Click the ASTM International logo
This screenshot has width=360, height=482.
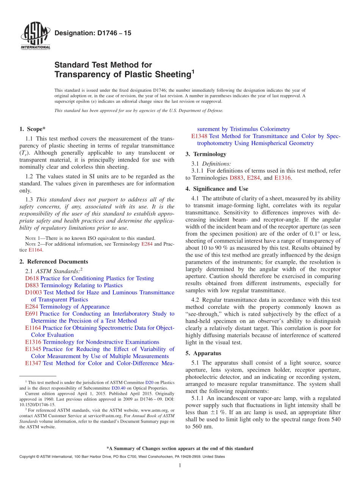35,36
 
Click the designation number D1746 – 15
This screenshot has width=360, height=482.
93,33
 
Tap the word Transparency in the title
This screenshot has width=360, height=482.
78,75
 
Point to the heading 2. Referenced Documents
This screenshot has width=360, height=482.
53,262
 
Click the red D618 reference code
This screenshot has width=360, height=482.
32,279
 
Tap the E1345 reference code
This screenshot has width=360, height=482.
33,349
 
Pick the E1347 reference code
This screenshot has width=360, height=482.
33,363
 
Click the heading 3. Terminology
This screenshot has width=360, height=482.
206,154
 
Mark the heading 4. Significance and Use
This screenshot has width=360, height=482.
217,189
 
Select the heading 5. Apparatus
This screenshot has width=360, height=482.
203,353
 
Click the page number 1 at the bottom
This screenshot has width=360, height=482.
180,465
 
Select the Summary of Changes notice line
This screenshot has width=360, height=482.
180,448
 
